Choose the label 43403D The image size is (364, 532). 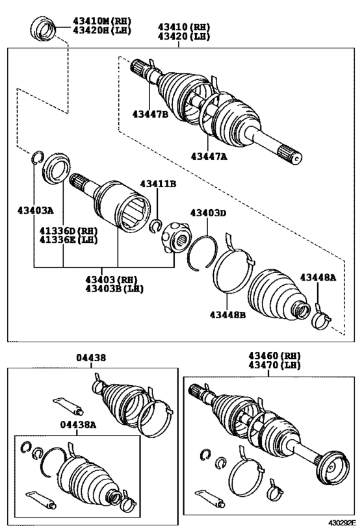[208, 212]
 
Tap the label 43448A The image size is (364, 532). [318, 277]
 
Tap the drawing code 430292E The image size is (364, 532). [342, 522]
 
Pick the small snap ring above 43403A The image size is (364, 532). [37, 157]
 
